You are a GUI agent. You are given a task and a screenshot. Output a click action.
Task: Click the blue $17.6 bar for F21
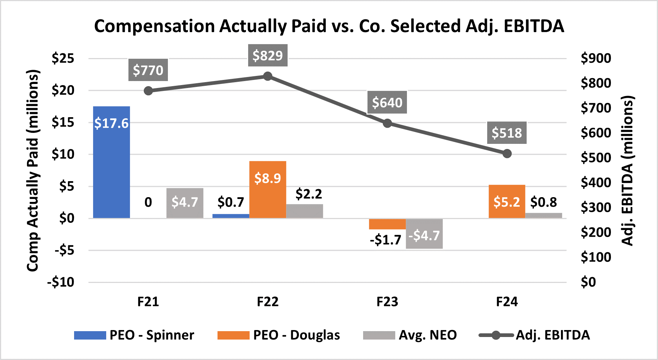click(111, 162)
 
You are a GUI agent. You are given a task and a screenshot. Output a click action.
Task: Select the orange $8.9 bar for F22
click(268, 189)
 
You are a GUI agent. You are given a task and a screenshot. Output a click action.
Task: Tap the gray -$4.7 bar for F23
click(424, 234)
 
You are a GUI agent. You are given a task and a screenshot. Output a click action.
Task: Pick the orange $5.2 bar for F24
click(507, 202)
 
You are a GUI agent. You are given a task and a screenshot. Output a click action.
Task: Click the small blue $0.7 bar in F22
click(231, 216)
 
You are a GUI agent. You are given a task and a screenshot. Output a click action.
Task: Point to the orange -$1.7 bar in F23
click(387, 224)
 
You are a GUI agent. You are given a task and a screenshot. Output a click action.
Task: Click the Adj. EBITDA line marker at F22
click(268, 76)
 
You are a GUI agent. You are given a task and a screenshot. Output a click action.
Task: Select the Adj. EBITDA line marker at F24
click(507, 154)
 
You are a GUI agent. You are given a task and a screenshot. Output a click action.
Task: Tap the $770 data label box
click(148, 70)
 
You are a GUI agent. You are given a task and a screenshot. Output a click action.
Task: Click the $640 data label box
click(387, 103)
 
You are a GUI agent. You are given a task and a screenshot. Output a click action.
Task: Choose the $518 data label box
click(507, 133)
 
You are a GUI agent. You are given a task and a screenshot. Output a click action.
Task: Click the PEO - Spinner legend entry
click(134, 335)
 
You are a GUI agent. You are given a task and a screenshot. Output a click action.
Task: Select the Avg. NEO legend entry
click(410, 335)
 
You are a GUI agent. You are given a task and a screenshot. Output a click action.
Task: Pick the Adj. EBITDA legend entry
click(534, 335)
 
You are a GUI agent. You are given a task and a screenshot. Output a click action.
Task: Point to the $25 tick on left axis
click(63, 58)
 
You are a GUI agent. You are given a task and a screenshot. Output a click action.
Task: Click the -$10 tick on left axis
click(61, 282)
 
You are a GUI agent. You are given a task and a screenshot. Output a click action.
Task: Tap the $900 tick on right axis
click(596, 58)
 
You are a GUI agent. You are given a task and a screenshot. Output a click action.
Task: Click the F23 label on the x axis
click(387, 302)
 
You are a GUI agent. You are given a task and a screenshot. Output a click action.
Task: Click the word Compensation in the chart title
click(155, 26)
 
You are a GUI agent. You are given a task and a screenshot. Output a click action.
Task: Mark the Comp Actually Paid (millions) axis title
click(33, 170)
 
